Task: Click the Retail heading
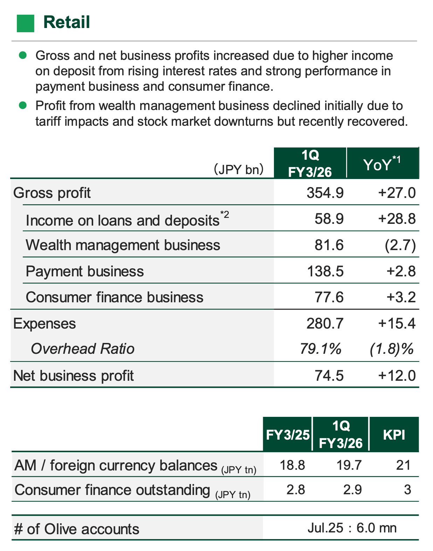67,22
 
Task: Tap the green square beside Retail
26,23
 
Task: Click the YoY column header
382,164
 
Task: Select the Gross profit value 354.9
325,193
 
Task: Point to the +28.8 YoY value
397,219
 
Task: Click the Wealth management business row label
123,245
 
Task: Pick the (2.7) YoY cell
400,245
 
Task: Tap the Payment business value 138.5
325,271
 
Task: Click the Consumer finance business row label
115,297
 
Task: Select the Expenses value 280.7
325,323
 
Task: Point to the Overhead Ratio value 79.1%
321,349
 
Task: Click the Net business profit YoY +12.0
397,376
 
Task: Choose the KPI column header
394,435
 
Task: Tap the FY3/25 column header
288,435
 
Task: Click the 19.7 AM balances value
349,465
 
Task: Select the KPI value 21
403,465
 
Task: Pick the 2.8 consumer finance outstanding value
296,489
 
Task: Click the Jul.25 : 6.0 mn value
352,528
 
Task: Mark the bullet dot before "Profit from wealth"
23,105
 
